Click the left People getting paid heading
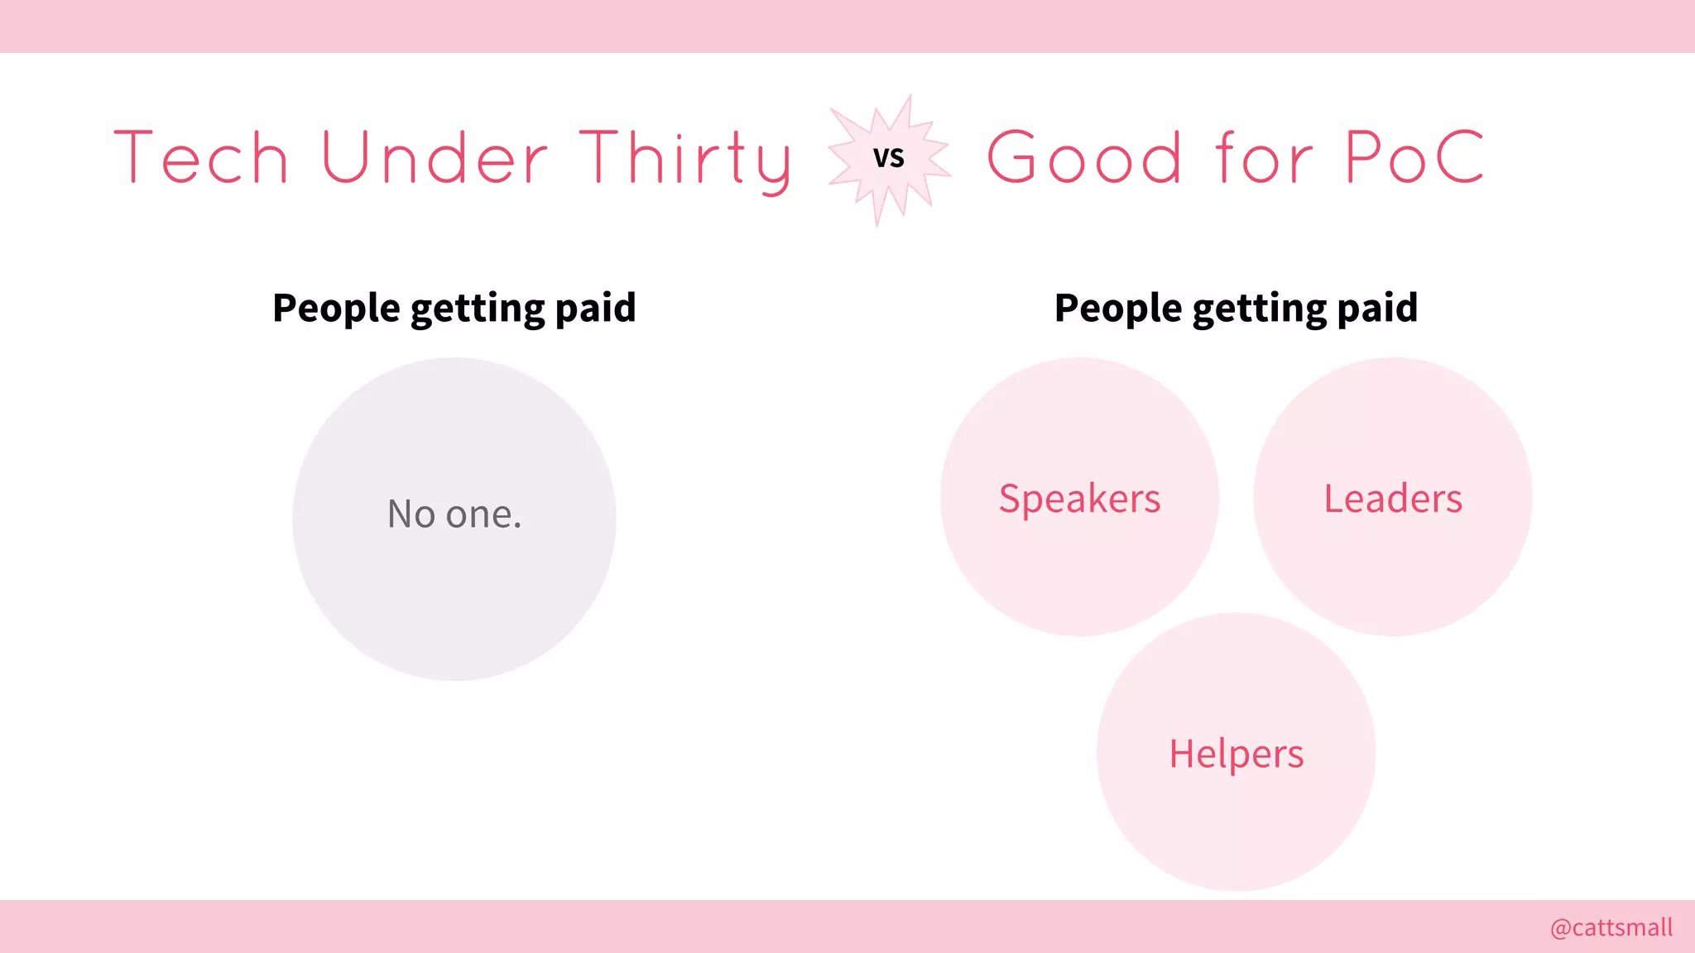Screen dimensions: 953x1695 coord(454,308)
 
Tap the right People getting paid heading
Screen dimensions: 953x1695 coord(1236,308)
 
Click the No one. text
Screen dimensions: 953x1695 coord(454,514)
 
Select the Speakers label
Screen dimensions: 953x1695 coord(1079,499)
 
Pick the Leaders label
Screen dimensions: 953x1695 coord(1393,499)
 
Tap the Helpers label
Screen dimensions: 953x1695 coord(1236,754)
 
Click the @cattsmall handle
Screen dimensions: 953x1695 coord(1611,927)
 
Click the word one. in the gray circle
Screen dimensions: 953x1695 coord(483,515)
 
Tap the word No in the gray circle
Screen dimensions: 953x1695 coord(411,514)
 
